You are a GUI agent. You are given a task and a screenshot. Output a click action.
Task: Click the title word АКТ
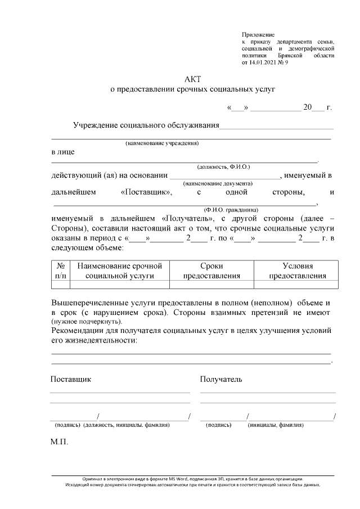pos(192,79)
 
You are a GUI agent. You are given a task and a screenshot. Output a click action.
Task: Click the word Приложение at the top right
pos(254,35)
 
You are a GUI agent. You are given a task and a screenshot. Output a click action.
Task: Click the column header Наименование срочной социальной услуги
pos(119,271)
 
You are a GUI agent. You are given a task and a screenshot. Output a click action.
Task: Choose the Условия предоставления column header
pos(298,271)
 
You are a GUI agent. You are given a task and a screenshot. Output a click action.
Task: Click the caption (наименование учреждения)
pos(162,143)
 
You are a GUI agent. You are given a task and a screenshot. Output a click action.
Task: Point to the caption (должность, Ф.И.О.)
pos(223,166)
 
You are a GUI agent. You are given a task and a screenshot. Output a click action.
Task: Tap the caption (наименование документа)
pos(218,183)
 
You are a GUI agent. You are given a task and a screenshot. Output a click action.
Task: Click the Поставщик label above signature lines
pos(71,379)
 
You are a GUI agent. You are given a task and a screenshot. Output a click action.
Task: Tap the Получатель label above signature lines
pos(221,379)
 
